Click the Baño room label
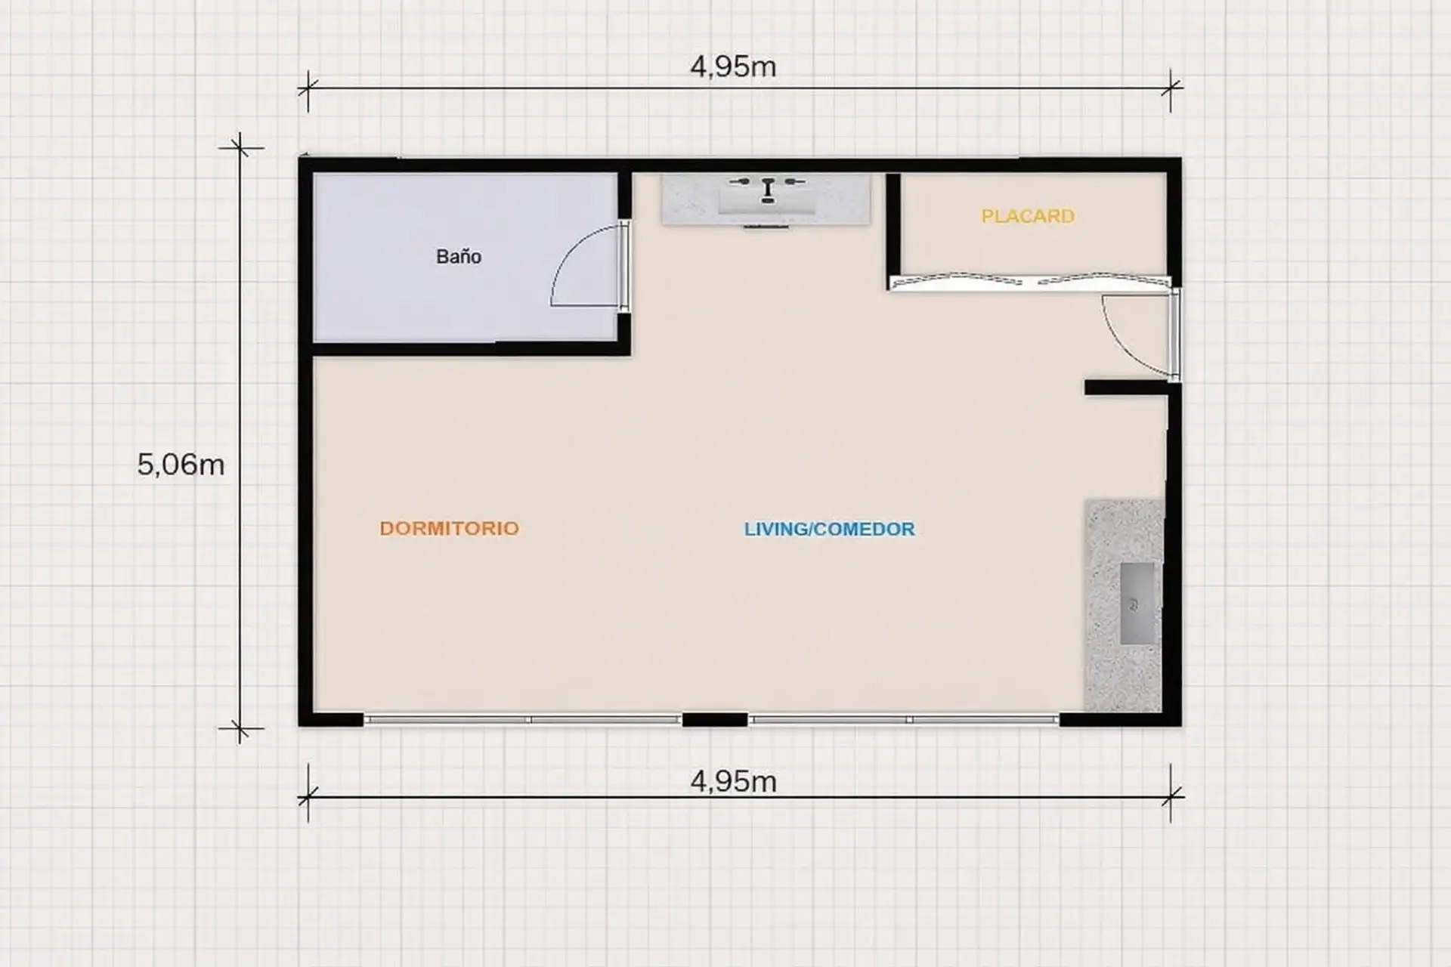pos(459,257)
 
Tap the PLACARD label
pos(1028,216)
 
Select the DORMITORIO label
pos(450,528)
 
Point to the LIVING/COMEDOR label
pos(830,529)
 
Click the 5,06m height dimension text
pos(181,464)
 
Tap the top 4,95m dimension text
pos(733,66)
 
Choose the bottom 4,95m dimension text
pos(733,781)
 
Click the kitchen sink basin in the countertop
pos(1140,604)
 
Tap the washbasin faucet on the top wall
pos(768,188)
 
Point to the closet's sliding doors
pos(1029,282)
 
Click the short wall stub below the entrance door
pos(1126,388)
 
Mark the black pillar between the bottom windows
pos(715,720)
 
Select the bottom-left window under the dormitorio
pos(523,720)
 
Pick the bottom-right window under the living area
pos(904,720)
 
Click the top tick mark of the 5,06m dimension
pos(240,148)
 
